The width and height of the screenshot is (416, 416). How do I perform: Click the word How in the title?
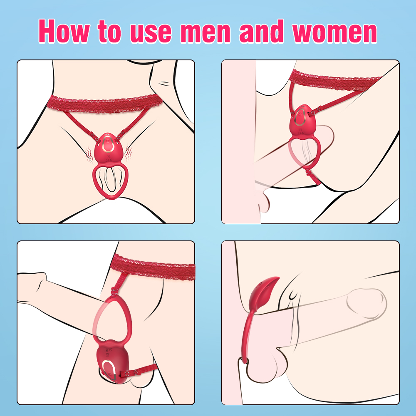(64, 31)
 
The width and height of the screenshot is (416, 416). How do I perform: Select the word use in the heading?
(151, 33)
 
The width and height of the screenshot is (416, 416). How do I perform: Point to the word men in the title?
(206, 33)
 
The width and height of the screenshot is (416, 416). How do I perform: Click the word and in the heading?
(262, 31)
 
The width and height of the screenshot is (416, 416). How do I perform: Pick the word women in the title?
(334, 33)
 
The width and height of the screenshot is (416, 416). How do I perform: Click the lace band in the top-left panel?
(105, 103)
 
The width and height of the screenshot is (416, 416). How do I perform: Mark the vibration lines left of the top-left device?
(90, 155)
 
